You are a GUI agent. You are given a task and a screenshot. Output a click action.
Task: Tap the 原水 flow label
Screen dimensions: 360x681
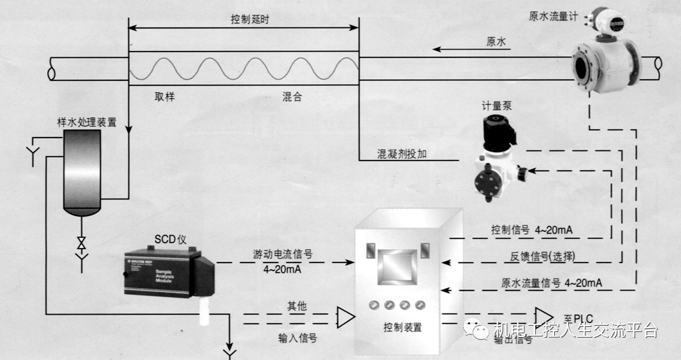[x=496, y=41]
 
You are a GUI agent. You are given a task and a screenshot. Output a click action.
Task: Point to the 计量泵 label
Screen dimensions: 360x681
[x=497, y=106]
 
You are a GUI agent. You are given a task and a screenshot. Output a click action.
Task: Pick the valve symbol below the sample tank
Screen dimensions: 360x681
[x=81, y=243]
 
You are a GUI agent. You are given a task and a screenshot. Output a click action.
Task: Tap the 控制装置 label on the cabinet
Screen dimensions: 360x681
[x=403, y=327]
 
